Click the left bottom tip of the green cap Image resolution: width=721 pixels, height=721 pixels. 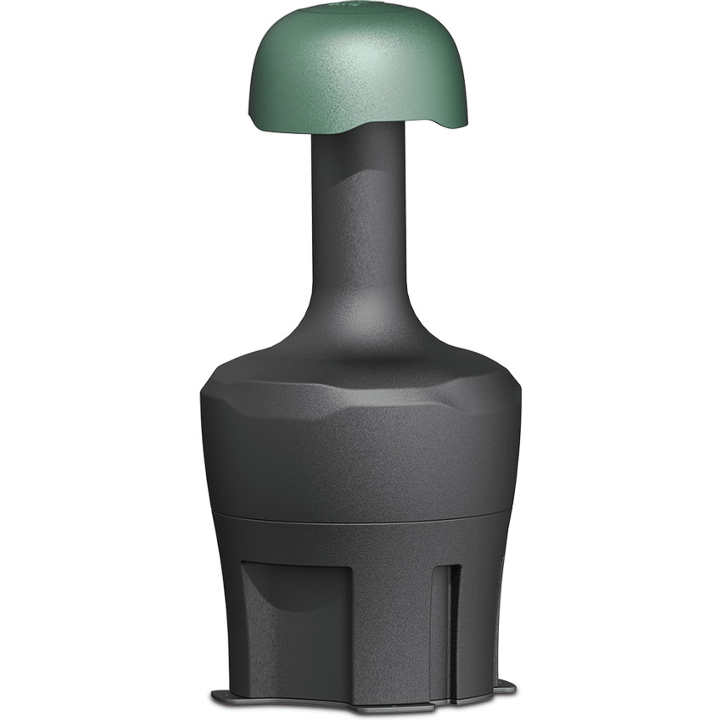pos(252,115)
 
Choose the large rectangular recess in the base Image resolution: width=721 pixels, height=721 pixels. pos(297,619)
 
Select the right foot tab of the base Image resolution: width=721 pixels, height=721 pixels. pos(506,685)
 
